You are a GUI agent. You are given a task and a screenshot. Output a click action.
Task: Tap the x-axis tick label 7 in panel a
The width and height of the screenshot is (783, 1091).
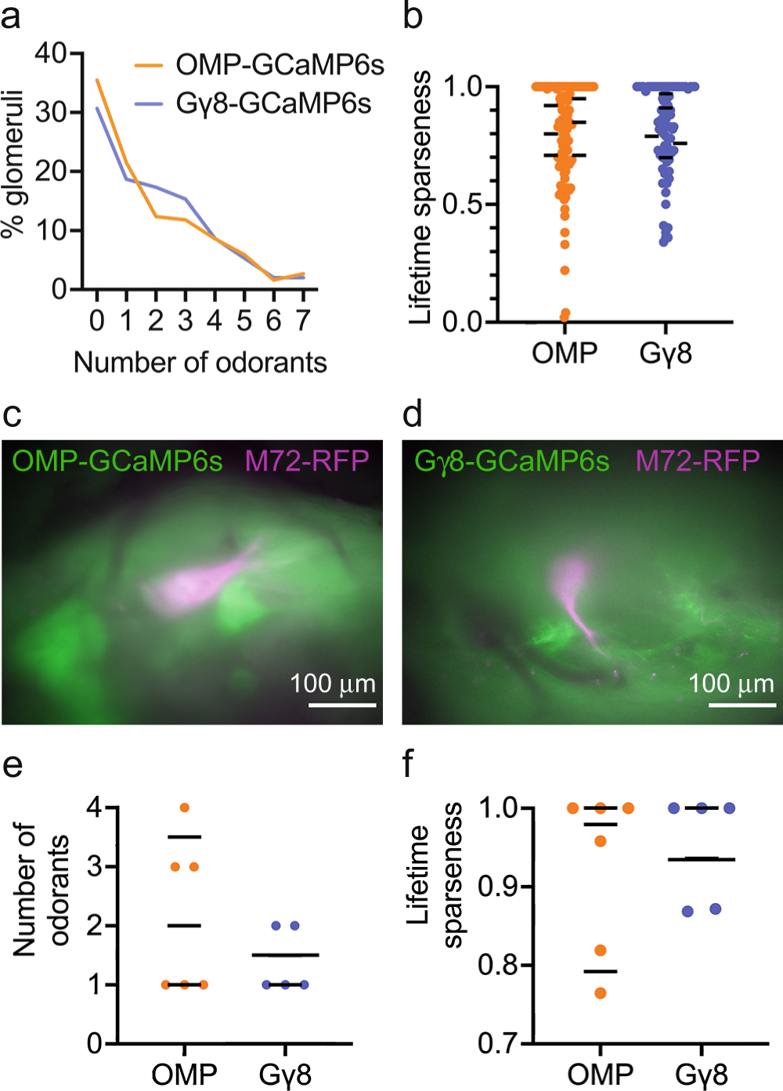[303, 320]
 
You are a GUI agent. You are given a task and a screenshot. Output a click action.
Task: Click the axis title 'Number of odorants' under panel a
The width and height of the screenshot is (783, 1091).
[200, 363]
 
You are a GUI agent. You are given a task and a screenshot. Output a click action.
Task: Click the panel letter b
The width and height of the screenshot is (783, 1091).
[413, 16]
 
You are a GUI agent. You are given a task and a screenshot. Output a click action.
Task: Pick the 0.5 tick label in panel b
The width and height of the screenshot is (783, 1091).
[463, 204]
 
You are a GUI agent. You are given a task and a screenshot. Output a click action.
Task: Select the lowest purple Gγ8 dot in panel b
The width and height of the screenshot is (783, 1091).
[664, 241]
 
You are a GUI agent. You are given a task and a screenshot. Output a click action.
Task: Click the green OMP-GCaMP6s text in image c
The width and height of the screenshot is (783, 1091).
[118, 461]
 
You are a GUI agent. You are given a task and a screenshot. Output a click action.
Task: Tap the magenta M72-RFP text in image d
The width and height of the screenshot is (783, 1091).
[697, 461]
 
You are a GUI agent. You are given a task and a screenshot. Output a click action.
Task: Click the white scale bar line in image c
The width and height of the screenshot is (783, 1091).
[341, 705]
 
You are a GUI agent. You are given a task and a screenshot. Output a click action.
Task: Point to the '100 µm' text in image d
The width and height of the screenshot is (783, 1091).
[731, 684]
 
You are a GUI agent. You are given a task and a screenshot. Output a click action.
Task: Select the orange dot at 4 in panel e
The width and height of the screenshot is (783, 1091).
[185, 807]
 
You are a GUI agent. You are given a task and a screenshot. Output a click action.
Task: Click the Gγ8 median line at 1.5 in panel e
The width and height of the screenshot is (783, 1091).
[285, 955]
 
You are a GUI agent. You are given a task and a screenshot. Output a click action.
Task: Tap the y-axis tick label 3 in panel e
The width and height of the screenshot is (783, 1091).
[95, 866]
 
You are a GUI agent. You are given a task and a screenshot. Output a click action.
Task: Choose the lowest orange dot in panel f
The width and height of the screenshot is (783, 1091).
[601, 993]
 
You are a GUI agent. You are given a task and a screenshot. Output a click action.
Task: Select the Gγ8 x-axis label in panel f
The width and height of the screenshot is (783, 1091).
[701, 1074]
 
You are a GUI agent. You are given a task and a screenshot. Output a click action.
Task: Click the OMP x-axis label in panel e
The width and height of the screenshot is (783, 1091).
[184, 1074]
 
